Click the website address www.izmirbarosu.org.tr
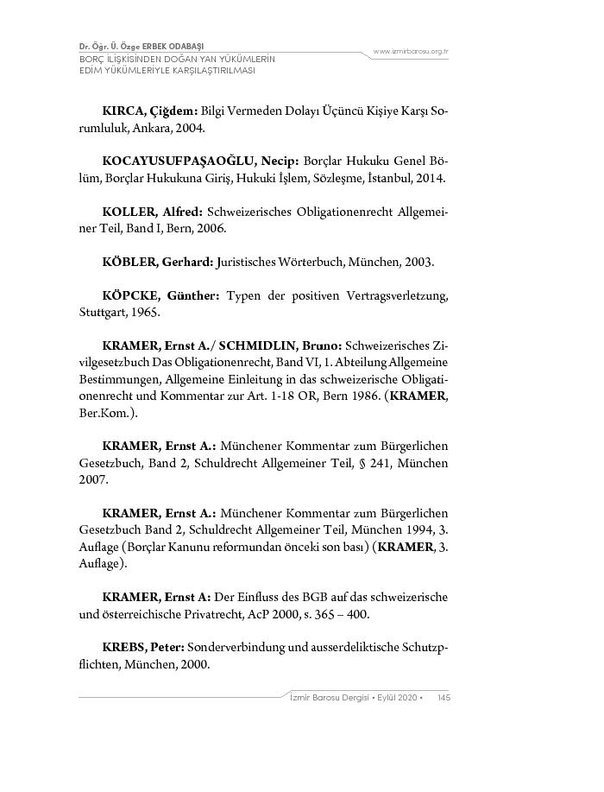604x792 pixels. click(x=411, y=52)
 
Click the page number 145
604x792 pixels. click(x=444, y=698)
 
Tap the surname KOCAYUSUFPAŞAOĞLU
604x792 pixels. click(x=178, y=162)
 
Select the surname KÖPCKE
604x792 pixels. click(x=129, y=296)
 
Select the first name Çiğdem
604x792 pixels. click(x=174, y=112)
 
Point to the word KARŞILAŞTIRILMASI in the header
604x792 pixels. click(x=198, y=71)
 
